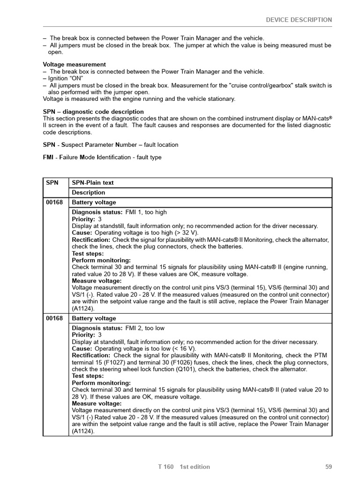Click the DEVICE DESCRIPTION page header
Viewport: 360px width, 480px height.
(299, 20)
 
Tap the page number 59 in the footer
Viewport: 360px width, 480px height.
(328, 466)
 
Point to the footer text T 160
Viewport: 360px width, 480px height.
(166, 466)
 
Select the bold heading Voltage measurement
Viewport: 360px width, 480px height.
(75, 64)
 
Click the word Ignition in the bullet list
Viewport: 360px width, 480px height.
(59, 78)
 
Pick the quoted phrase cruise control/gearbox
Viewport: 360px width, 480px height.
(267, 85)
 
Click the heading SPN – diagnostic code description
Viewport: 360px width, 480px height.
(93, 112)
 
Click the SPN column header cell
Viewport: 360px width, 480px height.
(52, 183)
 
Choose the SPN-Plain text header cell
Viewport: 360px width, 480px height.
(93, 183)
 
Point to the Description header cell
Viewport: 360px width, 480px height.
(89, 193)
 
